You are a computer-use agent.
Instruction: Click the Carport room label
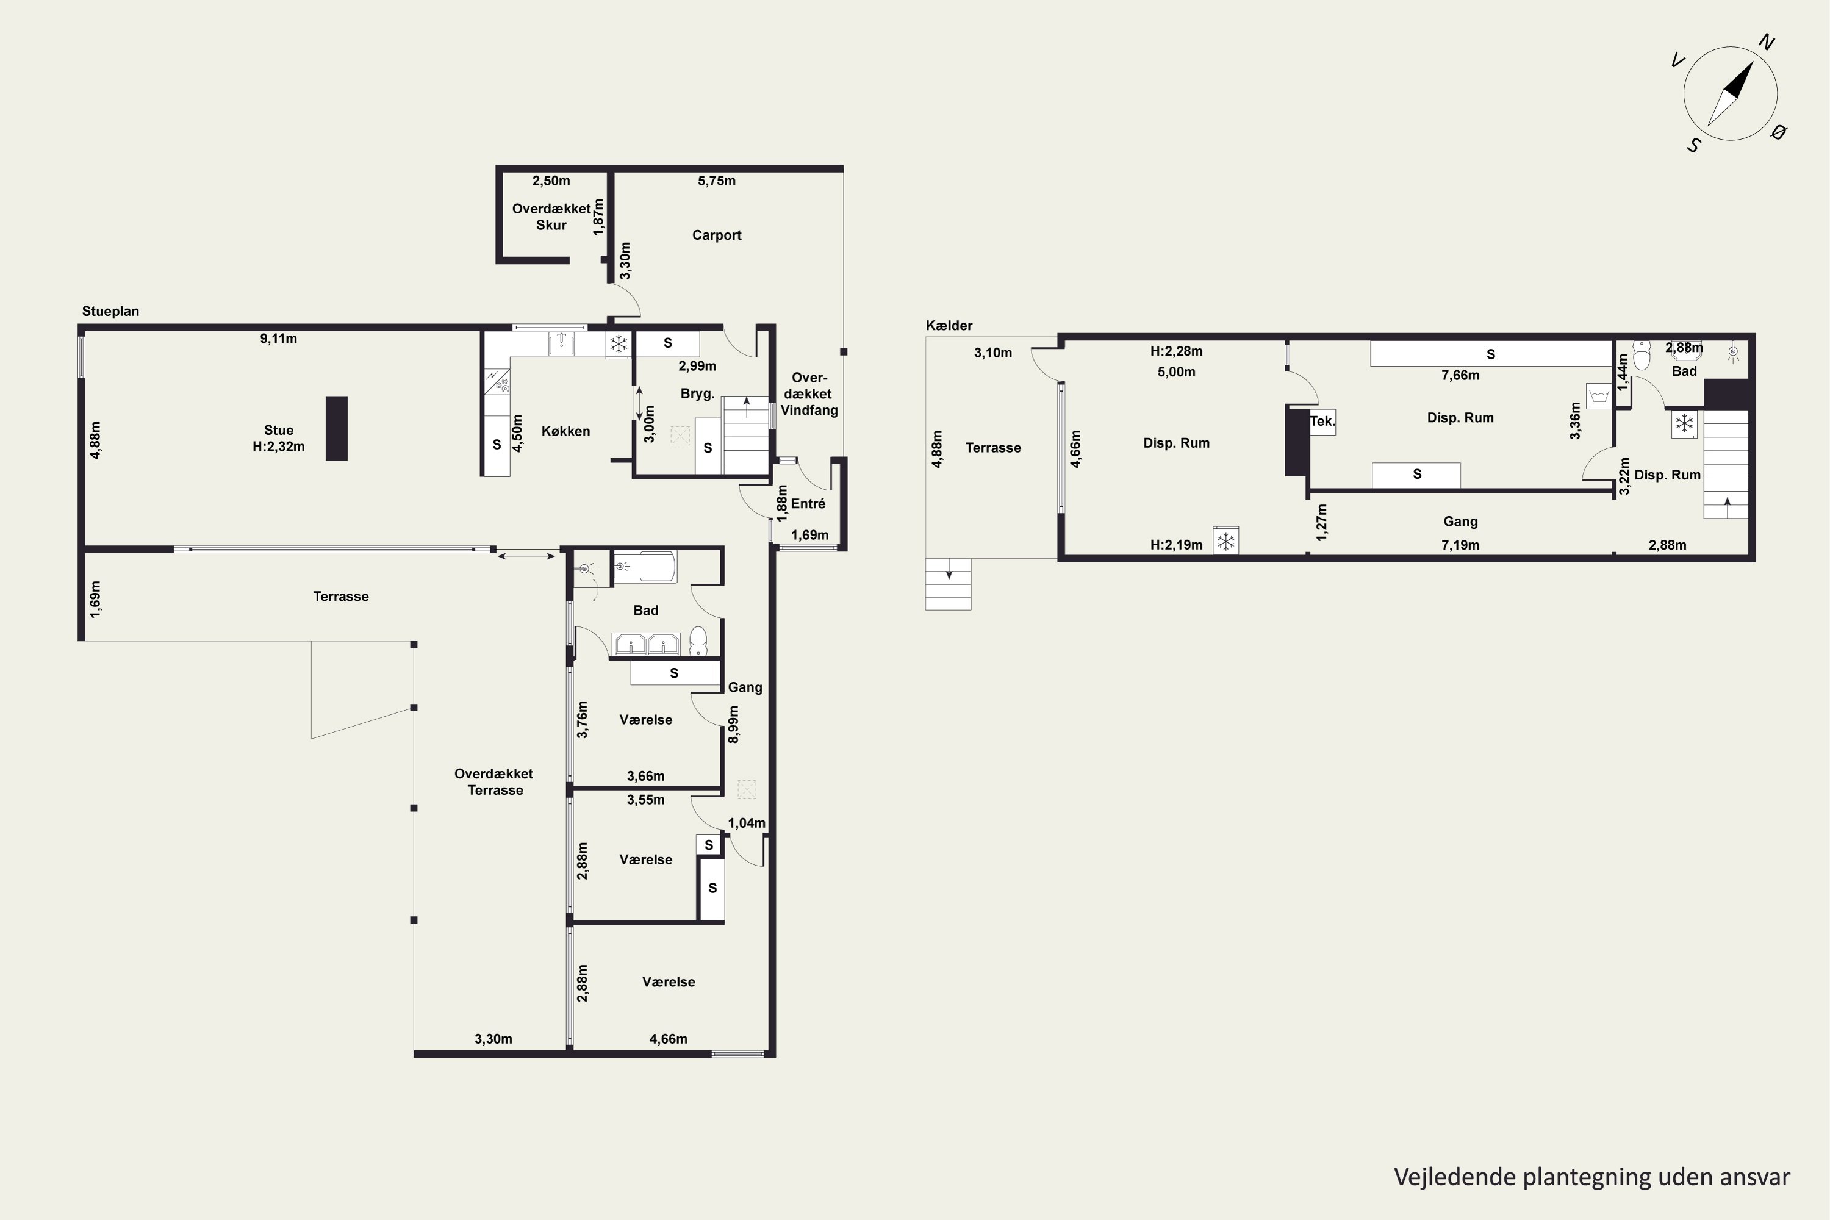tap(717, 235)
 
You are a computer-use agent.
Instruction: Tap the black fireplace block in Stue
tap(336, 429)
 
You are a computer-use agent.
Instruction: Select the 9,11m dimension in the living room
tap(279, 339)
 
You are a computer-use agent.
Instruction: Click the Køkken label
tap(565, 431)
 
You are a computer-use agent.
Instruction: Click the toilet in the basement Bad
tap(1642, 356)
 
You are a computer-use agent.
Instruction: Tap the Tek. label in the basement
tap(1322, 422)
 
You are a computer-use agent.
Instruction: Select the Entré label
tap(808, 503)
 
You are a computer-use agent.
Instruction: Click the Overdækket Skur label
tap(551, 217)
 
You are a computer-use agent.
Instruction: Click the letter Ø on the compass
tap(1778, 132)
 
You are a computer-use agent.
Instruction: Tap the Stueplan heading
tap(110, 311)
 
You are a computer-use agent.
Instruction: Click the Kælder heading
tap(949, 325)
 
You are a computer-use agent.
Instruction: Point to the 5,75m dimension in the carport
tap(717, 181)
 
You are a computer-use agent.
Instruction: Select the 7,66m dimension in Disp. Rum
tap(1460, 375)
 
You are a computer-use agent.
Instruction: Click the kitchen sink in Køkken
tap(561, 343)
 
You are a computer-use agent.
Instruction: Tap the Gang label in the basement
tap(1460, 522)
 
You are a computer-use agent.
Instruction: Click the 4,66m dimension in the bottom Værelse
tap(669, 1039)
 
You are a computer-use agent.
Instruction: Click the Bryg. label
tap(697, 393)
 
